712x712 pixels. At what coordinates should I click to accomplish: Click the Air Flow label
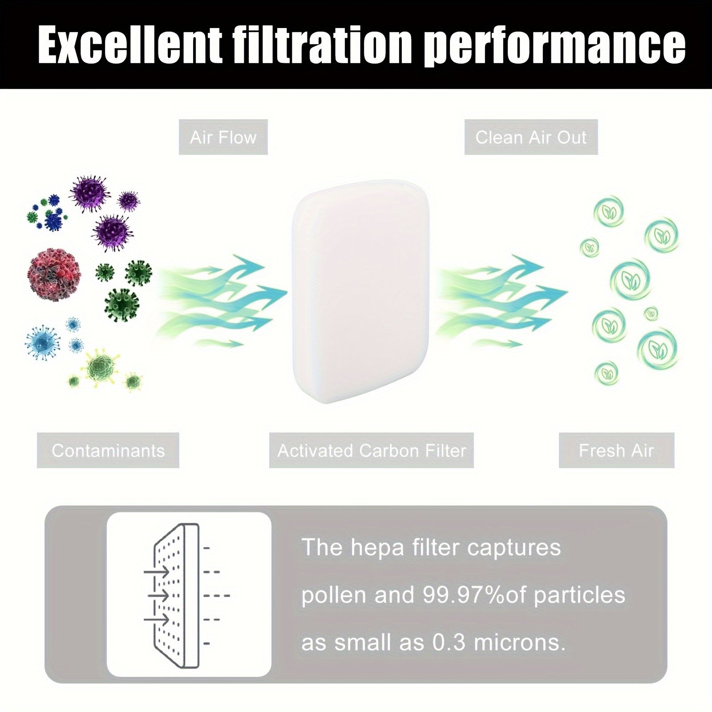[x=223, y=137]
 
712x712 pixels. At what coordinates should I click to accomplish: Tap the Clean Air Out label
[x=531, y=137]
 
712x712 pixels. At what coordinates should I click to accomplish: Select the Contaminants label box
[x=108, y=450]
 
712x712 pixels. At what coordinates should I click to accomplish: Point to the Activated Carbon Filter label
[x=372, y=450]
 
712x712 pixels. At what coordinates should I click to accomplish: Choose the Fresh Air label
[x=616, y=450]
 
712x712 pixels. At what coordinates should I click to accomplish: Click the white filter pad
[x=360, y=291]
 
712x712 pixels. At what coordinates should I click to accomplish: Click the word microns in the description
[x=519, y=642]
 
